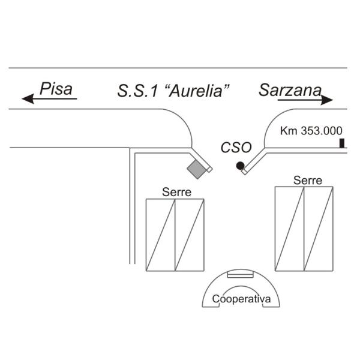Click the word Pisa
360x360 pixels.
(56, 89)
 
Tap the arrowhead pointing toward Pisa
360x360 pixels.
(28, 99)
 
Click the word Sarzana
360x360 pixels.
(290, 90)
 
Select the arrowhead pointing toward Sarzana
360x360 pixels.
(327, 100)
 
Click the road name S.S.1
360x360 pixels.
(138, 91)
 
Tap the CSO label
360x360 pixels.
(236, 148)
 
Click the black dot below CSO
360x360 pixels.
(240, 166)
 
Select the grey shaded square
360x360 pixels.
(197, 169)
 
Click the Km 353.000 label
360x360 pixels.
(311, 131)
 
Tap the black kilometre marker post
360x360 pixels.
(342, 143)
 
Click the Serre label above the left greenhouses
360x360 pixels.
(176, 192)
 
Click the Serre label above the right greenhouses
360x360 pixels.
(308, 180)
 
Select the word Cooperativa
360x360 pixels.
(241, 299)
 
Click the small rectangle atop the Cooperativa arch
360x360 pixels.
(241, 275)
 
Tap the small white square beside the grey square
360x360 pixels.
(209, 169)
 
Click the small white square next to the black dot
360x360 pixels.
(245, 172)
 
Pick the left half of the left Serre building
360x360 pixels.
(160, 235)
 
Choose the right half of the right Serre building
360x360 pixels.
(319, 229)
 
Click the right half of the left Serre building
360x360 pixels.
(190, 235)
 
